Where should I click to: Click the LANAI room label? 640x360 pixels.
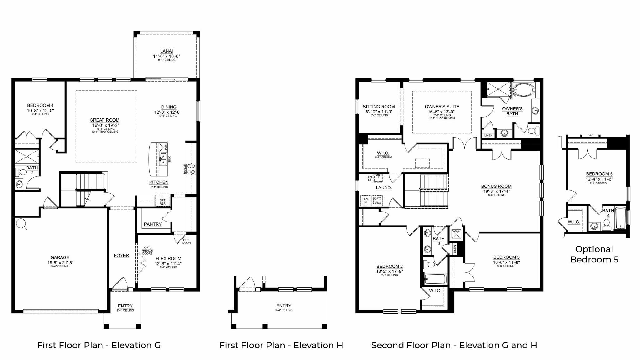[x=167, y=51]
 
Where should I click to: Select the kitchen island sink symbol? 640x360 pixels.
[x=163, y=159]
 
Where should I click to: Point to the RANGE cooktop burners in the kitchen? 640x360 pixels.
[x=191, y=168]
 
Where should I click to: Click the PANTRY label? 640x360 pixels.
[x=153, y=224]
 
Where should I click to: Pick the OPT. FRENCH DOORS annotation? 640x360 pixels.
[x=147, y=250]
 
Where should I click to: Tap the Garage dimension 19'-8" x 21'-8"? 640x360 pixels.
[x=60, y=262]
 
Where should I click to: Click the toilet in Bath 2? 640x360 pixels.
[x=22, y=172]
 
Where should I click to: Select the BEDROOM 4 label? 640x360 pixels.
[x=40, y=105]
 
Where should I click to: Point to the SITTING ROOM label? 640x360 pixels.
[x=378, y=107]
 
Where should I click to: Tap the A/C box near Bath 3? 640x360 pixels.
[x=456, y=234]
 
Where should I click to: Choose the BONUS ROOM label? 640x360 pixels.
[x=496, y=186]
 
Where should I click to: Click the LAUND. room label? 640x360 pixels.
[x=384, y=188]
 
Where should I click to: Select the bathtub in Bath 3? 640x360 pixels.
[x=436, y=279]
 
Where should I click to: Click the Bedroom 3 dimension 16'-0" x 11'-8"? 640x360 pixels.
[x=506, y=262]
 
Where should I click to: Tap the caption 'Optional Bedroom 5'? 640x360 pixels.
[x=594, y=254]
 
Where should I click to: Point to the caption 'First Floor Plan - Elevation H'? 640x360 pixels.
[x=281, y=345]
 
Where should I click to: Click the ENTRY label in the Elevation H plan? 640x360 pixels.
[x=284, y=306]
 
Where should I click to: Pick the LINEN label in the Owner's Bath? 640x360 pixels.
[x=488, y=135]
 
